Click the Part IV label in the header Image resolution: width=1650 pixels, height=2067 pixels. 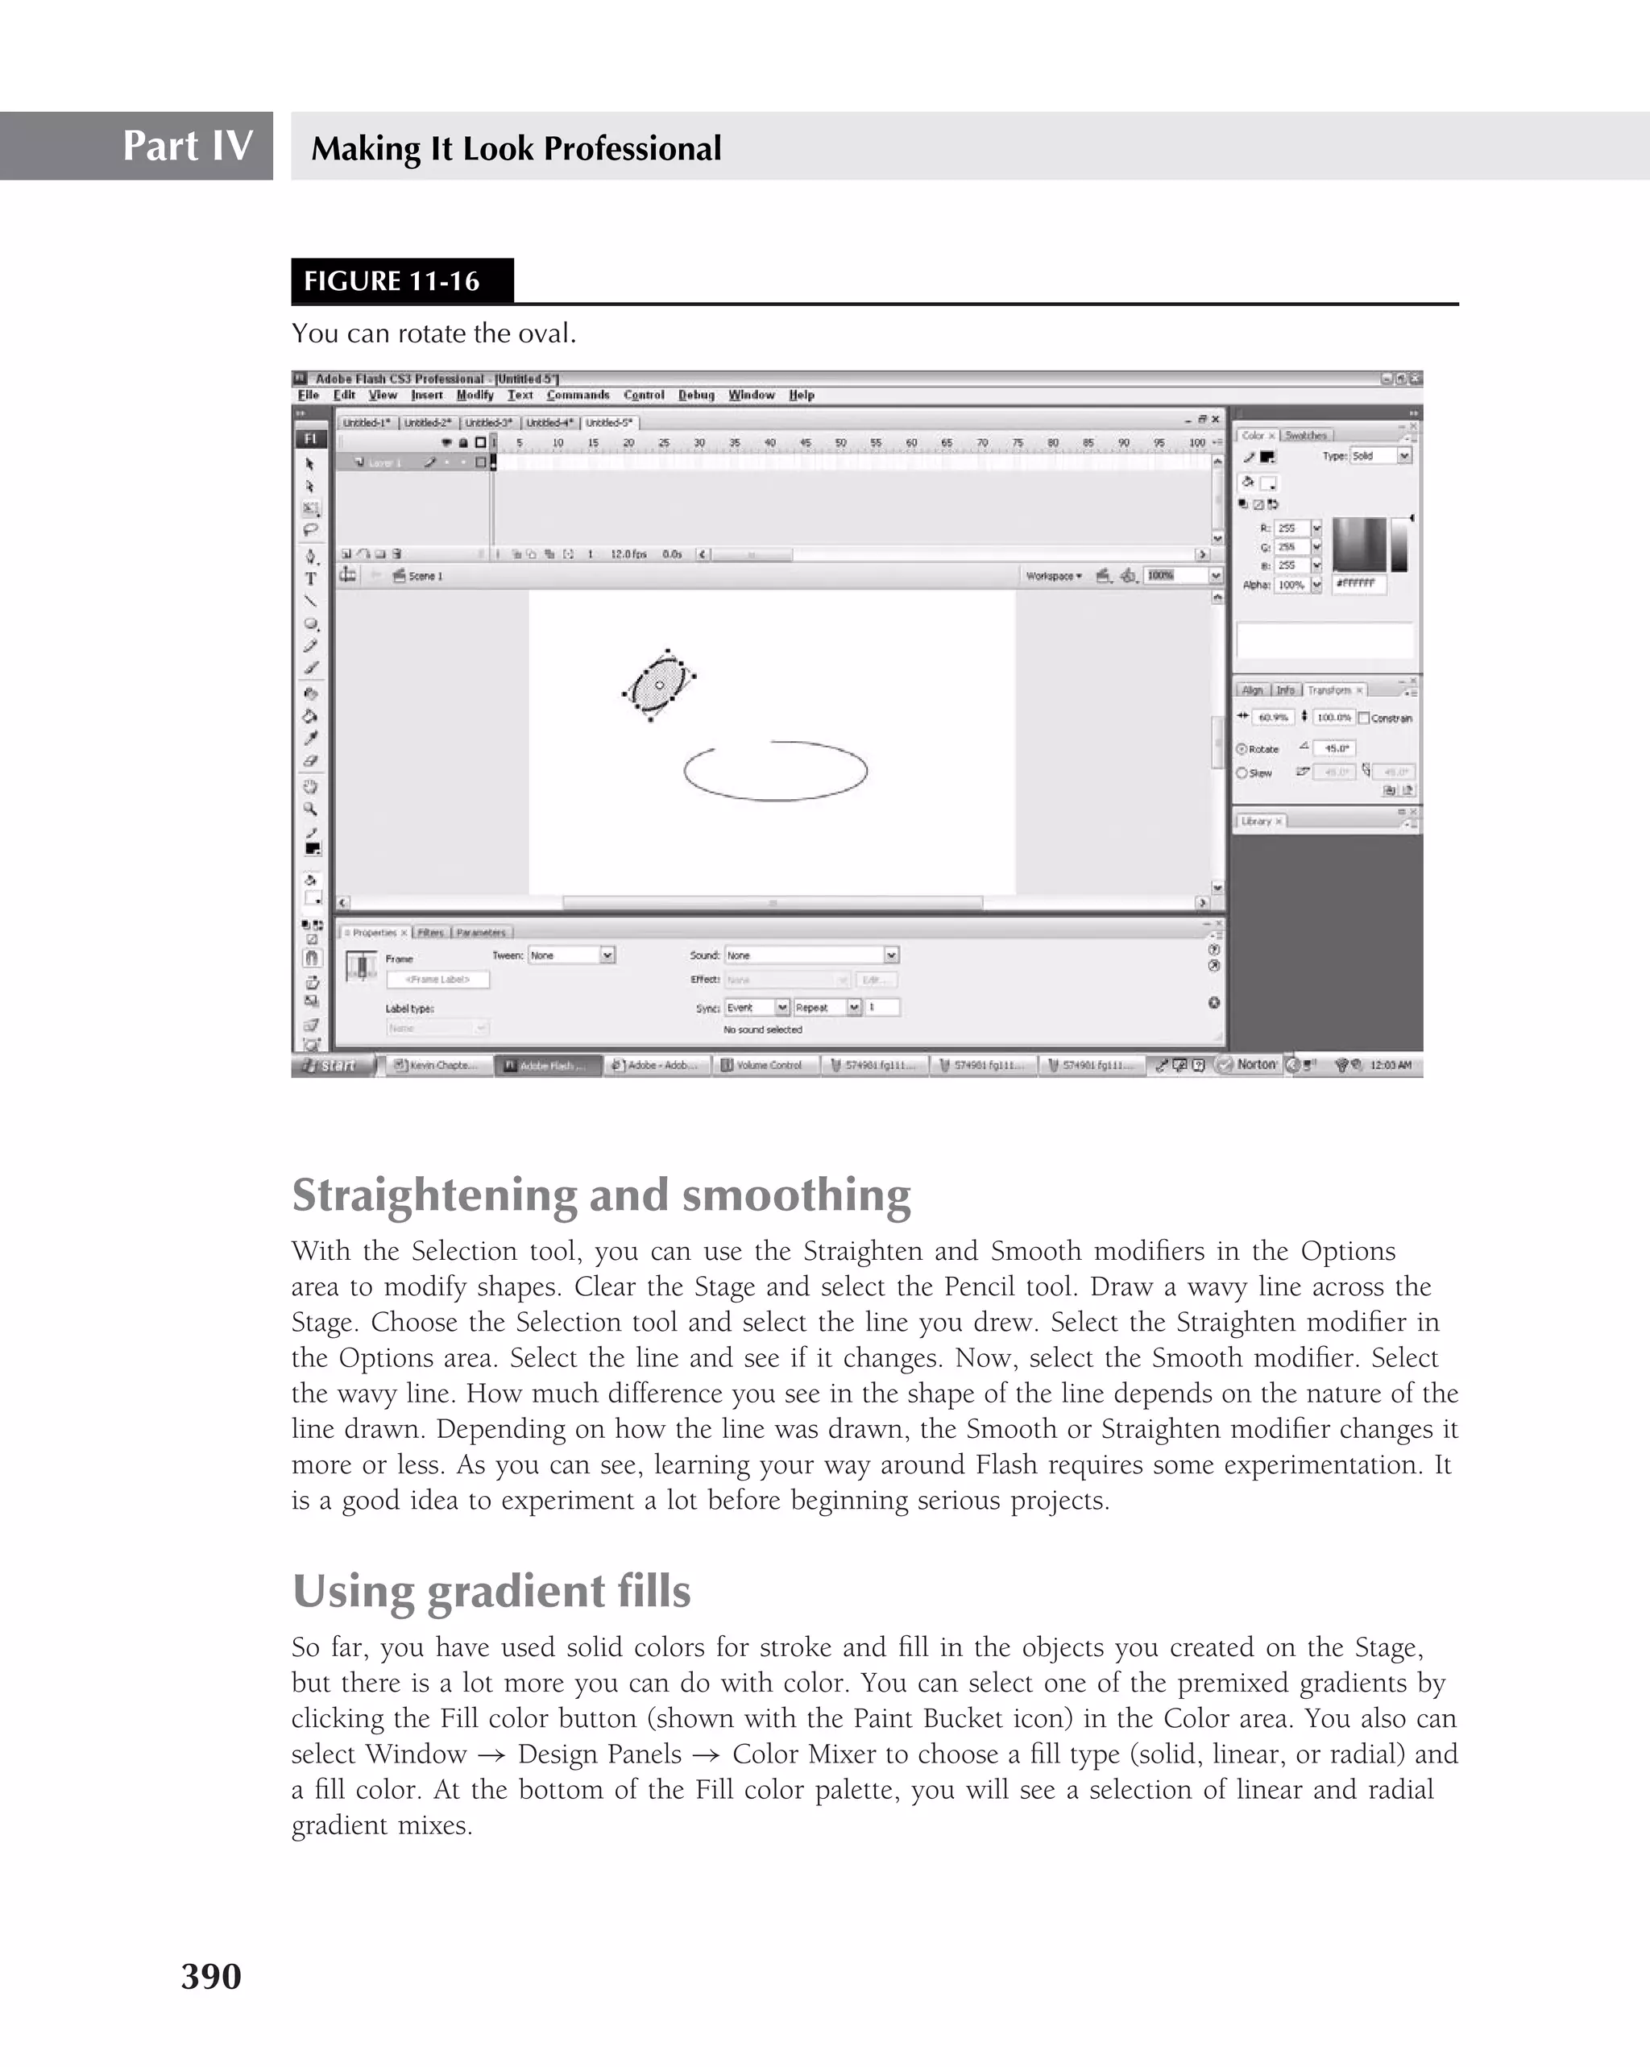tap(187, 146)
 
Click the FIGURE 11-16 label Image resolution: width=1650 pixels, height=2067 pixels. tap(392, 281)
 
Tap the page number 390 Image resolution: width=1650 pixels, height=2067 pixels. tap(211, 1976)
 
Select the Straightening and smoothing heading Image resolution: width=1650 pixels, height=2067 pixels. tap(601, 1195)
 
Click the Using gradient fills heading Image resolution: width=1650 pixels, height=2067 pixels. tap(491, 1590)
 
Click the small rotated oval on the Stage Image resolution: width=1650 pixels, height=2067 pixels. tap(659, 685)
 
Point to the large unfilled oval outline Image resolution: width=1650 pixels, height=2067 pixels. tap(776, 771)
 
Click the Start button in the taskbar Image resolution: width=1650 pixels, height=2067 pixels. tap(332, 1065)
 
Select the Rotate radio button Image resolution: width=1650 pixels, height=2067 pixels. tap(1242, 749)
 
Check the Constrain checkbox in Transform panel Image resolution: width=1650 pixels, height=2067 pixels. tap(1364, 718)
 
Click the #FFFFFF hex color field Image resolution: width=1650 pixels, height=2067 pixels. tap(1358, 583)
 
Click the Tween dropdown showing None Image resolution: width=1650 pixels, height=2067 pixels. tap(571, 955)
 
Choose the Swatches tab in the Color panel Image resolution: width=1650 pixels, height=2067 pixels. tap(1305, 435)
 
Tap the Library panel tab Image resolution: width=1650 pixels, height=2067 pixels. tap(1258, 821)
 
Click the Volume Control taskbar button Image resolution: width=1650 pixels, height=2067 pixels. tap(766, 1065)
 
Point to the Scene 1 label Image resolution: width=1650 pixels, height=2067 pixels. tap(425, 576)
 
